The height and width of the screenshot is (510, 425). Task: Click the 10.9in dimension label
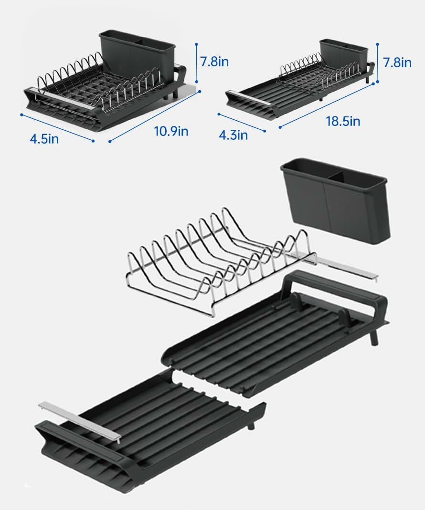point(171,131)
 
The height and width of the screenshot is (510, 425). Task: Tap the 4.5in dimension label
point(44,139)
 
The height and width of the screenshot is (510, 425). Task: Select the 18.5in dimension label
point(343,121)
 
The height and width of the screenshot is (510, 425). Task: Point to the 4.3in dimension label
point(234,135)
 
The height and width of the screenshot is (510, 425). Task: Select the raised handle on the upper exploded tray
point(334,286)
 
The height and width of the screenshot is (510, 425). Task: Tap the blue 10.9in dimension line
point(154,115)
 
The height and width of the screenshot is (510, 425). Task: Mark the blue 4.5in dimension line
point(57,127)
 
